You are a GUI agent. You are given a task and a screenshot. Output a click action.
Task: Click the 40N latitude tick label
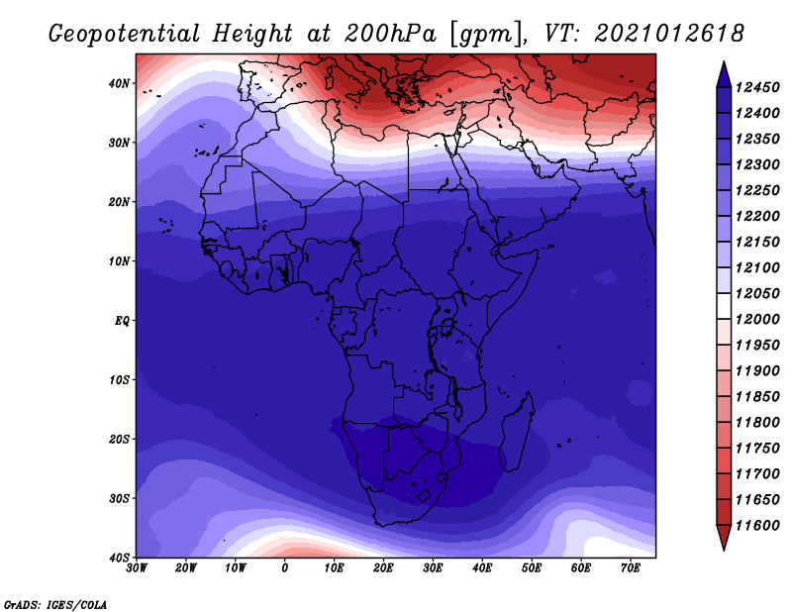click(119, 83)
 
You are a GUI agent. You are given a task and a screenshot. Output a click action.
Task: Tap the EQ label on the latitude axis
click(122, 321)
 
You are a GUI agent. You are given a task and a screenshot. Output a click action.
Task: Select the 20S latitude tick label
click(119, 439)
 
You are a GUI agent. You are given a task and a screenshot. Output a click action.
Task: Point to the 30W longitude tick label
click(137, 568)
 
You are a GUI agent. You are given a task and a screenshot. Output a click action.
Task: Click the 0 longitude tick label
click(285, 568)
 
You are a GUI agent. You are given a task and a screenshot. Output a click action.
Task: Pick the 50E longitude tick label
click(532, 568)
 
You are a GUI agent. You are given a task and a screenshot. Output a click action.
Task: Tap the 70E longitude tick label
click(631, 568)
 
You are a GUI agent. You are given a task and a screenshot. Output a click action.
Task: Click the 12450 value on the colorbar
click(757, 87)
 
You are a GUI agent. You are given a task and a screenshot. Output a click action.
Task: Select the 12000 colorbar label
click(757, 320)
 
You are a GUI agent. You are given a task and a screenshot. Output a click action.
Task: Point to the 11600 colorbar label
click(757, 526)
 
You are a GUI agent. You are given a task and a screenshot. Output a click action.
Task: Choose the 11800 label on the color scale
click(757, 423)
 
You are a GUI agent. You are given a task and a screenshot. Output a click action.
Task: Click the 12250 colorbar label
click(757, 190)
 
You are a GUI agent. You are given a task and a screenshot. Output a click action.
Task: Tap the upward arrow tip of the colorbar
click(724, 61)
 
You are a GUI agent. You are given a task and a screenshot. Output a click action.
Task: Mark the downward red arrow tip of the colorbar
click(724, 550)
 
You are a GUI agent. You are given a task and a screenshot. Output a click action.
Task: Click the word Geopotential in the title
click(125, 34)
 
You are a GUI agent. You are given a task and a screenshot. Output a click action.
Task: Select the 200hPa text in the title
click(390, 34)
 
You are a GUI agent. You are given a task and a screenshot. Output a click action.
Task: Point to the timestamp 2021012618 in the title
click(669, 34)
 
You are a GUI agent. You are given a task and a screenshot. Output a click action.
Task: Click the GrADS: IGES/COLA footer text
click(55, 604)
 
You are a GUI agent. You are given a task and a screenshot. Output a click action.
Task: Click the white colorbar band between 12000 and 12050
click(724, 306)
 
